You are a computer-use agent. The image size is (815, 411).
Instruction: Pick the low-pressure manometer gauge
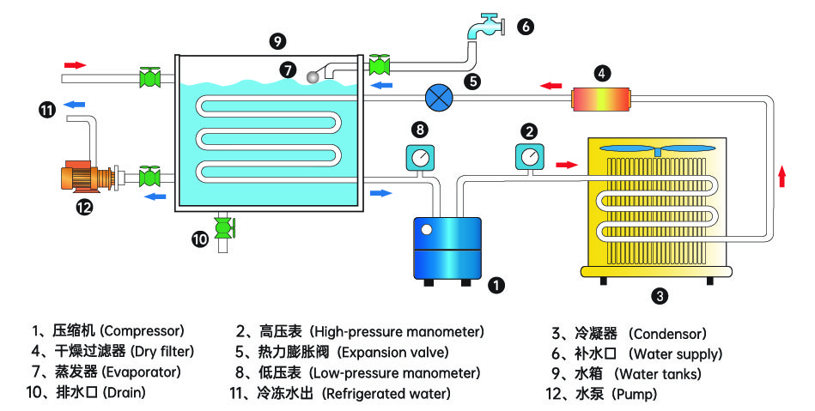pos(420,158)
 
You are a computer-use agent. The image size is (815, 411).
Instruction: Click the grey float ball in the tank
pos(313,77)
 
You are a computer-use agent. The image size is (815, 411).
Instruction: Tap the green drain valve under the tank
pos(224,228)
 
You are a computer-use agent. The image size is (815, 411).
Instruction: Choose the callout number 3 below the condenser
pos(660,297)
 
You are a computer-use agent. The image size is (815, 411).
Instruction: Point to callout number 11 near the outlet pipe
pos(47,109)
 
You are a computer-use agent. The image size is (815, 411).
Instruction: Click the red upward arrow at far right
pos(782,177)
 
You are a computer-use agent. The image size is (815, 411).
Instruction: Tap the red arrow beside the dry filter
pos(551,85)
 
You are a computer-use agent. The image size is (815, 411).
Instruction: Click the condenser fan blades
pos(656,148)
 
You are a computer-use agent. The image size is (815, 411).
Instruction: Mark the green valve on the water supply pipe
pos(378,64)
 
